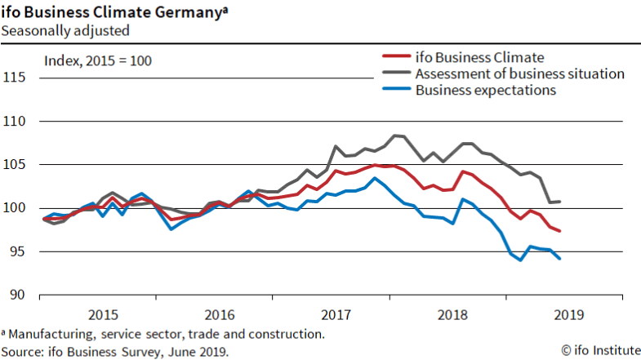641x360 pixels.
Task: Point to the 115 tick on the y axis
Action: tap(15, 78)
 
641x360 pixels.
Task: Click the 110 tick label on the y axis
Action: tap(15, 121)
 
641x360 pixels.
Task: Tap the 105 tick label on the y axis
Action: tap(15, 164)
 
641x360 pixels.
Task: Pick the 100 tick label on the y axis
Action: tap(15, 208)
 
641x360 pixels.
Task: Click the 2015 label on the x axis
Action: tap(103, 314)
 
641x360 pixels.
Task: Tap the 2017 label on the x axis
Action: tap(336, 314)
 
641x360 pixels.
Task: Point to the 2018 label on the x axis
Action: tap(452, 314)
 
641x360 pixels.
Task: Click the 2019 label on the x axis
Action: tap(568, 314)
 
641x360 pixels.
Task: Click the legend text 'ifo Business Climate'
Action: tap(479, 57)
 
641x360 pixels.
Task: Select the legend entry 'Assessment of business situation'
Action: tap(519, 73)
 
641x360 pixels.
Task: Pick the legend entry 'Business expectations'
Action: tap(485, 90)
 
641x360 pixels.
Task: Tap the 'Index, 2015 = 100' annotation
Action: tap(97, 60)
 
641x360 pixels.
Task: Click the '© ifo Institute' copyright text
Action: tap(599, 350)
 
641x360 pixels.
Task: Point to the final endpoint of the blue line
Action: tap(559, 259)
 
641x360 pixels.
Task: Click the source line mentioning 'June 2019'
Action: tap(115, 350)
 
